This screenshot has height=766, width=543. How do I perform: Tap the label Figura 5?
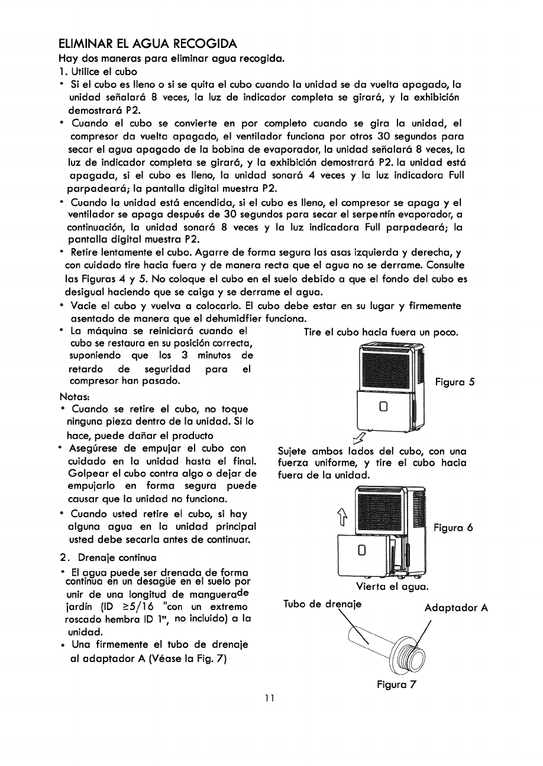click(x=455, y=382)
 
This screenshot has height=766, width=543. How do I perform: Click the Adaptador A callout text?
click(x=455, y=608)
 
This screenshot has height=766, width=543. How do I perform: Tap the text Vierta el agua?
click(x=392, y=587)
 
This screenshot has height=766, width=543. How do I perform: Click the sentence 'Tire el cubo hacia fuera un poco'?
click(x=381, y=333)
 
